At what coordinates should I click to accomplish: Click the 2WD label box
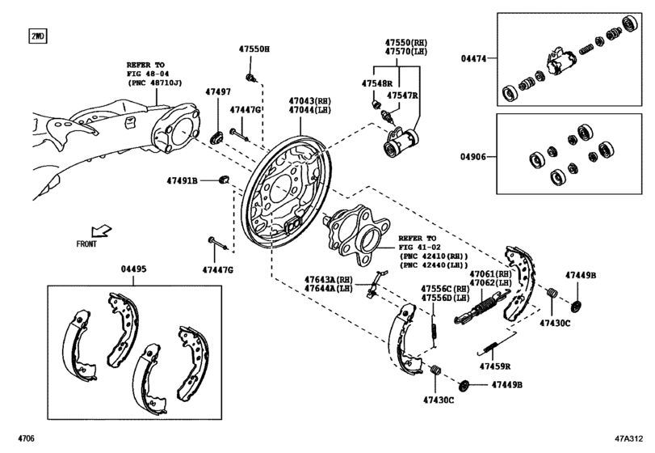pos(37,36)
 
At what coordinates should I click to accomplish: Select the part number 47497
pos(216,93)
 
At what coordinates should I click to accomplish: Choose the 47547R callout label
pos(401,95)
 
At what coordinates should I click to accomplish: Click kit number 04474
pos(474,58)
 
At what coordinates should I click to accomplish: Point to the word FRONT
pos(86,243)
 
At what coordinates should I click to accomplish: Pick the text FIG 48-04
pos(147,73)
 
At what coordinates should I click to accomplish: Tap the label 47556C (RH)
pos(445,289)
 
